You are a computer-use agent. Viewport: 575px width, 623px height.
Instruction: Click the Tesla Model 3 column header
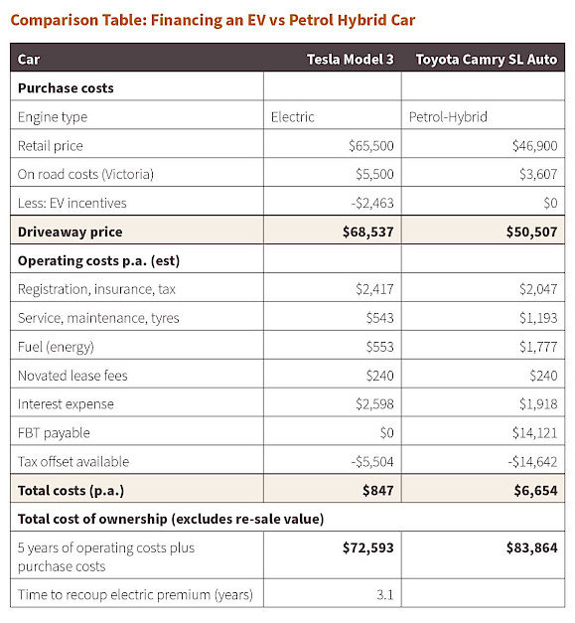pos(351,60)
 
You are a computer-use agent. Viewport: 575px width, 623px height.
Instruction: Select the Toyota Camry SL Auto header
pos(487,60)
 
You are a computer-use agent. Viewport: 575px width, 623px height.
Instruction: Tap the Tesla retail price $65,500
pos(371,146)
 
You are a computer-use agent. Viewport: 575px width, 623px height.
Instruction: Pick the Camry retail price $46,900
pos(535,146)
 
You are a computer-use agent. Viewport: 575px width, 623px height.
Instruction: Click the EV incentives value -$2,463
pos(372,203)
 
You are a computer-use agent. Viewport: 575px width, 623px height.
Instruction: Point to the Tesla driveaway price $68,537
pos(368,232)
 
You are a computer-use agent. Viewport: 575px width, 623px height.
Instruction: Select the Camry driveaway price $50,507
pos(531,232)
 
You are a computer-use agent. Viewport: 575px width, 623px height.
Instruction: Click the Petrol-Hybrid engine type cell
pos(448,117)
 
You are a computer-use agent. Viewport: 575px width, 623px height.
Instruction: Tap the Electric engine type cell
pos(293,117)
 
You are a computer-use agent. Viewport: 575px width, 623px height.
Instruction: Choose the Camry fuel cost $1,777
pos(538,347)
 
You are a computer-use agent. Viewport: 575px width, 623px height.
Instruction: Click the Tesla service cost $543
pos(380,318)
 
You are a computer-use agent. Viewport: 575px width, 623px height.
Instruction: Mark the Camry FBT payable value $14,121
pos(535,432)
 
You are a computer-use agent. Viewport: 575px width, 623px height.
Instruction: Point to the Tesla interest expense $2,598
pos(374,404)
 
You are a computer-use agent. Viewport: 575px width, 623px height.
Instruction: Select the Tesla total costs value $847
pos(378,490)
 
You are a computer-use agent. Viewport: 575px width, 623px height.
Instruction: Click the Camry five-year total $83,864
pos(531,547)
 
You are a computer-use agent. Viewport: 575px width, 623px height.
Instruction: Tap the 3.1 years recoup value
pos(385,595)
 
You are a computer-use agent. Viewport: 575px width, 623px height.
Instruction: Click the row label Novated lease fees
pos(72,376)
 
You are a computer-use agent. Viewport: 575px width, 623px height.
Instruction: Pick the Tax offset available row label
pos(73,462)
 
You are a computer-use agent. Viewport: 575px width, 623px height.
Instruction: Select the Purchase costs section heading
pos(66,87)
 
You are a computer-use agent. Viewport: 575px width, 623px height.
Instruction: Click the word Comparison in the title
pos(55,20)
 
